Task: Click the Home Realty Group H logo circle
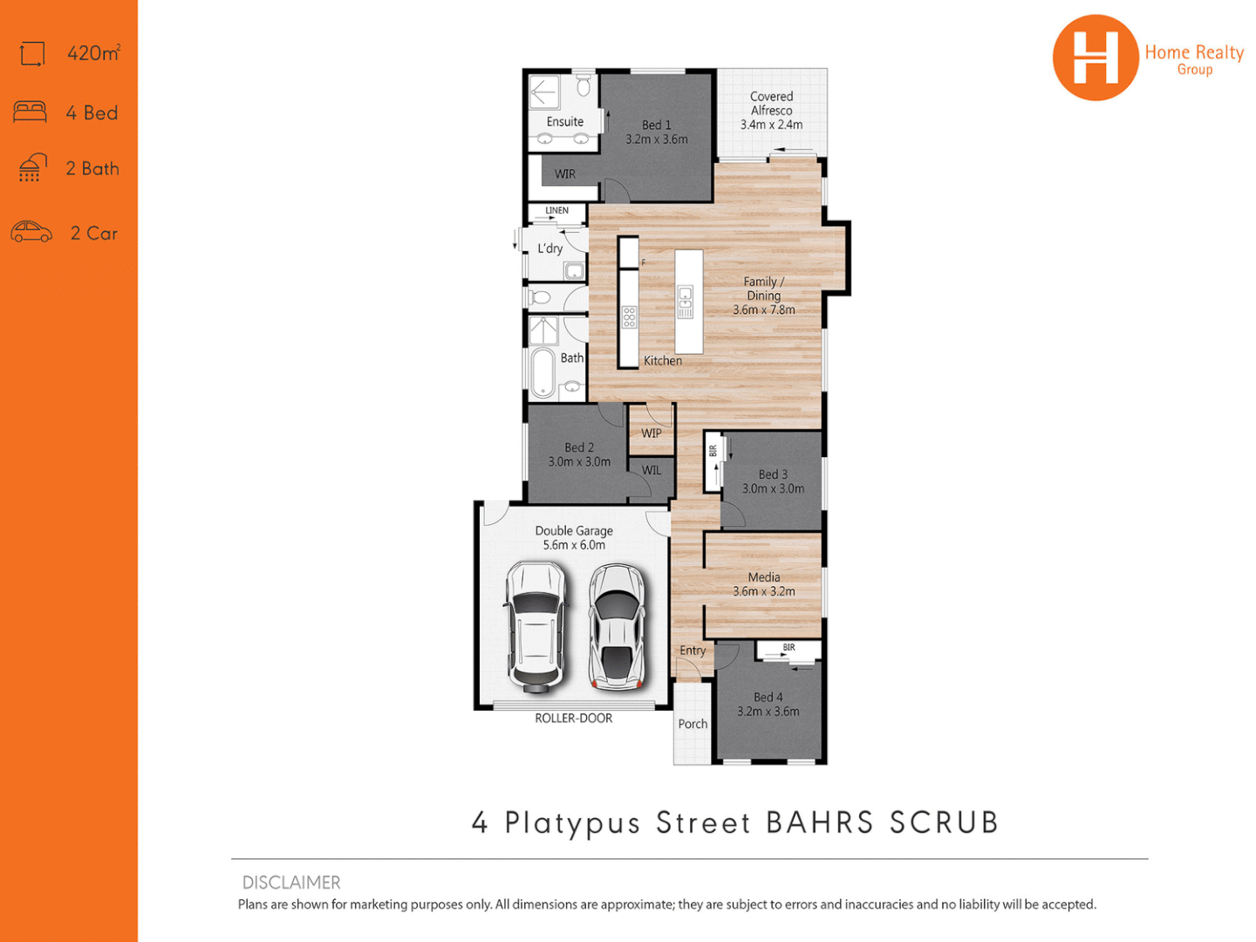[1095, 58]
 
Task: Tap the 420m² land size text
[93, 53]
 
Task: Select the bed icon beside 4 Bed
[30, 113]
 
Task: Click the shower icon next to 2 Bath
[31, 167]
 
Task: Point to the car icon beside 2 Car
[31, 232]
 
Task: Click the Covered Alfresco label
[771, 103]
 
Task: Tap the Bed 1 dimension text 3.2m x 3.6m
[656, 140]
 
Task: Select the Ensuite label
[564, 122]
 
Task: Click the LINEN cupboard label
[556, 210]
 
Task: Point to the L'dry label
[549, 249]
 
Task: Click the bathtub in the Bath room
[543, 372]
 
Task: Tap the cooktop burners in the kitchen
[629, 317]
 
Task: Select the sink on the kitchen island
[686, 302]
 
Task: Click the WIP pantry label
[651, 433]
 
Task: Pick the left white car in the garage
[536, 625]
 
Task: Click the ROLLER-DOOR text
[573, 718]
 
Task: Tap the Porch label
[693, 724]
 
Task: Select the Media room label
[763, 577]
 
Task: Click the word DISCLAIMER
[291, 882]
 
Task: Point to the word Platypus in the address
[572, 823]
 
